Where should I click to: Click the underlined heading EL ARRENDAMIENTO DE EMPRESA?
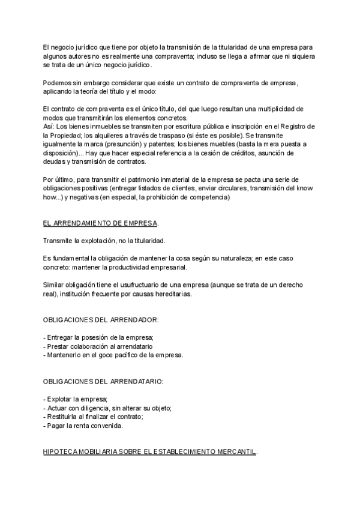pos(100,223)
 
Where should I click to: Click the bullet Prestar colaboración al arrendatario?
pos(98,346)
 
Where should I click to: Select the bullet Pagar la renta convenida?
pos(83,426)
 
